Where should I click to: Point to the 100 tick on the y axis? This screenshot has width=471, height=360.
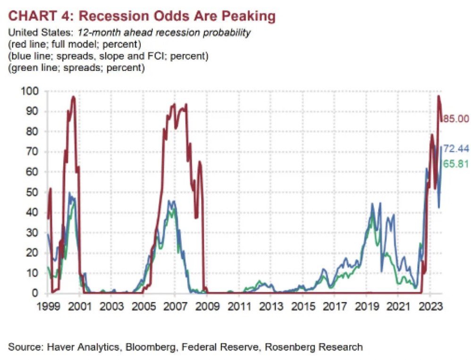(29, 91)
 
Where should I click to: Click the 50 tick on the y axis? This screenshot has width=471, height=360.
(32, 192)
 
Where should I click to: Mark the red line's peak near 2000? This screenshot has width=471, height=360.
(73, 97)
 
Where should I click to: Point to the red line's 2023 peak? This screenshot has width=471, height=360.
(438, 96)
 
